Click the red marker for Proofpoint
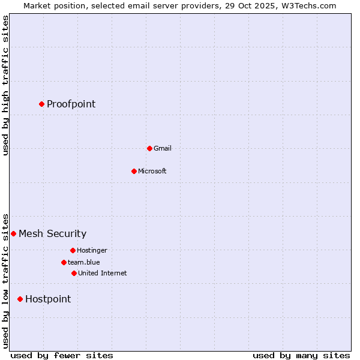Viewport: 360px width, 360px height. (41, 104)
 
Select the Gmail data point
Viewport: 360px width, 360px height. (149, 148)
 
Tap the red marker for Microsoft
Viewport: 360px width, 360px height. (134, 171)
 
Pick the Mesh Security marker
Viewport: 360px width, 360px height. (13, 233)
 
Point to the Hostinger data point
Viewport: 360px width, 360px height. (73, 250)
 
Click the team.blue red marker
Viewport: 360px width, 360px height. (64, 262)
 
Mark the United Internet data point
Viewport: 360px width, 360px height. (74, 273)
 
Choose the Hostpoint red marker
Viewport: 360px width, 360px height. (20, 299)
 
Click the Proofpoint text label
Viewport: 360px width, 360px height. (71, 104)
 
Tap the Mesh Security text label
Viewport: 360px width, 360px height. (52, 233)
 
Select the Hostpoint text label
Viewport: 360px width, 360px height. (48, 299)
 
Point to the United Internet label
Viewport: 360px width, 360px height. (102, 273)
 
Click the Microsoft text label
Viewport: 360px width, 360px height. (152, 171)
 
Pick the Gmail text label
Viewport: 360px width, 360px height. (162, 148)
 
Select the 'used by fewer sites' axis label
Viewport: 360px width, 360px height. (62, 355)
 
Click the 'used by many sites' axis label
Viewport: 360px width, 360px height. (301, 355)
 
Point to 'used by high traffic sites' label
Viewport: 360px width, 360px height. (5, 85)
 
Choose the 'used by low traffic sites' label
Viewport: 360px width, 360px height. (5, 281)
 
